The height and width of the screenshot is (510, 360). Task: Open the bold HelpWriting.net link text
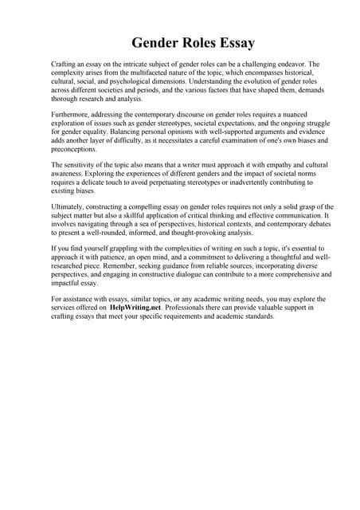tap(140, 307)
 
